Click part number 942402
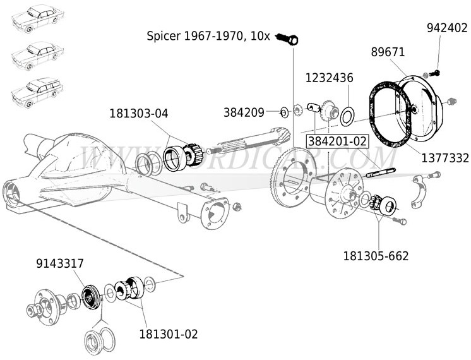click(447, 28)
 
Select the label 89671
click(388, 52)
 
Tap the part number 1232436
click(330, 78)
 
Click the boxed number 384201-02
click(336, 140)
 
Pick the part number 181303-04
click(139, 114)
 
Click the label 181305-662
click(376, 256)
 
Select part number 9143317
click(61, 263)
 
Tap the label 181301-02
click(164, 333)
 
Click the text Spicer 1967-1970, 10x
click(208, 36)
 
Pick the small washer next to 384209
click(283, 112)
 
